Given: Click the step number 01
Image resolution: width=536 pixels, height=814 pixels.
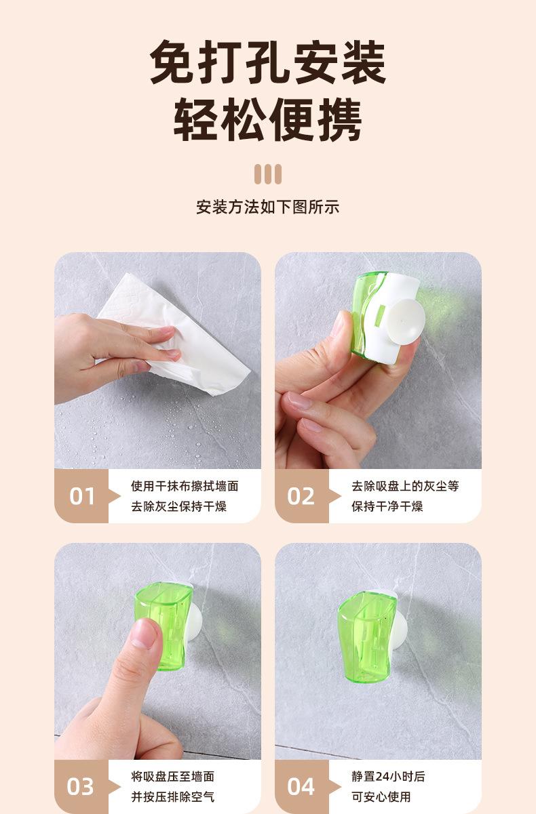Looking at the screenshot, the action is [x=82, y=496].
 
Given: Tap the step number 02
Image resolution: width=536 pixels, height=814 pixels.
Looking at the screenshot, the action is [x=301, y=496].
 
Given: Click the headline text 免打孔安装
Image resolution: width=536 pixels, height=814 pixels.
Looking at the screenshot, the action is [x=268, y=62].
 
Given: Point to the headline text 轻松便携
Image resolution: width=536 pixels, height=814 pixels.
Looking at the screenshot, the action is [x=268, y=119].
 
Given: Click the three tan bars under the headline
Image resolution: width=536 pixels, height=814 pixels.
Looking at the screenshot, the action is [x=268, y=174].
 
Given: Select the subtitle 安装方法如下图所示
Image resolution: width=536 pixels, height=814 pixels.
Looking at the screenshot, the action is [x=268, y=207].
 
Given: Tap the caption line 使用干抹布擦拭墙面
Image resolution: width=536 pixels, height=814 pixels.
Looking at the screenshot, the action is [x=185, y=486].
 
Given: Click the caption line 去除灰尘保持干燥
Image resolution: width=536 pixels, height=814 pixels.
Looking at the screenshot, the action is [x=178, y=506].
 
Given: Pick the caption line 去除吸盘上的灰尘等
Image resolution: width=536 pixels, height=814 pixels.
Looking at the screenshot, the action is [x=405, y=486].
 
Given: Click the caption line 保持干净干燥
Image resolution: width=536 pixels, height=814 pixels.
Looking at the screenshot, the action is [x=387, y=506].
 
